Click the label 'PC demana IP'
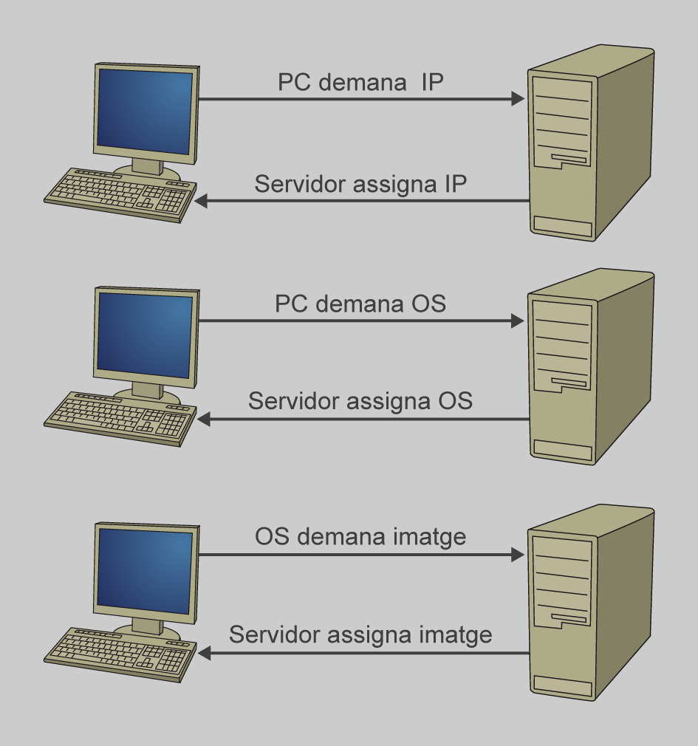(360, 82)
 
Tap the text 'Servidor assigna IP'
(360, 184)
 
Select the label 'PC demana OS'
(360, 304)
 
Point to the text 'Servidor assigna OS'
(360, 400)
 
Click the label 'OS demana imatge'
(360, 536)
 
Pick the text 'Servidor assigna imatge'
(360, 634)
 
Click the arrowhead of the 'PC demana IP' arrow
(518, 99)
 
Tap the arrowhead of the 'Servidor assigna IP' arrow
(202, 201)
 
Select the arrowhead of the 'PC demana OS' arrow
(518, 321)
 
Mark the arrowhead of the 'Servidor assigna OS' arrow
(204, 419)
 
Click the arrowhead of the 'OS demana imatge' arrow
(518, 555)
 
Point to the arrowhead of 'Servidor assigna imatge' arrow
(204, 653)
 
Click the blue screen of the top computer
(146, 112)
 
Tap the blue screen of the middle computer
(146, 336)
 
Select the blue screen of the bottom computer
(146, 572)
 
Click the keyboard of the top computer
(120, 194)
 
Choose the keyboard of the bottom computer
(120, 654)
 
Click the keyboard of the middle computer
(120, 419)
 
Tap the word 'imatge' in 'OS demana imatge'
(430, 537)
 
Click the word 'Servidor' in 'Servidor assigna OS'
(294, 400)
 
